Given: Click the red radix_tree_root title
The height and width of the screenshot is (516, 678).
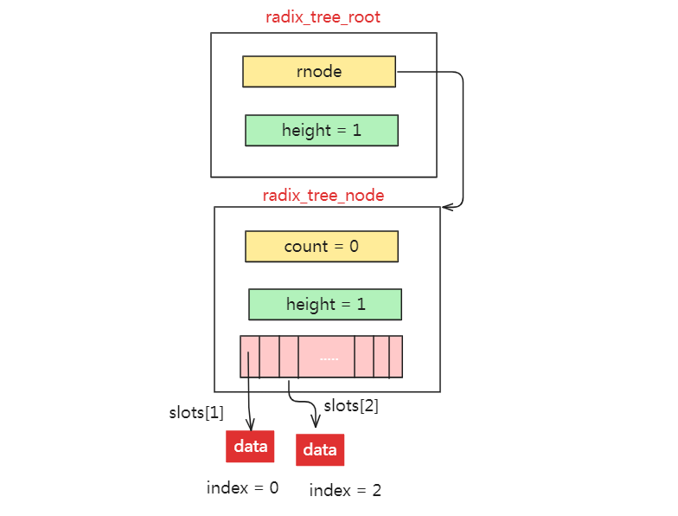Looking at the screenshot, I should pyautogui.click(x=323, y=16).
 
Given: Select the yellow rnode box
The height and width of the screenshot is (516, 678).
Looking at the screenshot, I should pyautogui.click(x=318, y=72).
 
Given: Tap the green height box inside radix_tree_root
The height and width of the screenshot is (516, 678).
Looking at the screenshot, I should pyautogui.click(x=322, y=131).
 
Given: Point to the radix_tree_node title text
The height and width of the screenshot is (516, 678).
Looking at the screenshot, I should pyautogui.click(x=323, y=195).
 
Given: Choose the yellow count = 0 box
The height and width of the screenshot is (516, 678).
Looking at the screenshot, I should pyautogui.click(x=322, y=247).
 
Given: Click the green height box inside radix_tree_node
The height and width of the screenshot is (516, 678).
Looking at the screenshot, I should pyautogui.click(x=324, y=305).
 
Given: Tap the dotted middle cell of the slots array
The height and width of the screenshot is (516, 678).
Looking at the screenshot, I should pyautogui.click(x=327, y=357).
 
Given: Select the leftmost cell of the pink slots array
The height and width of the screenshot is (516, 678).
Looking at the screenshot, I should pyautogui.click(x=249, y=357).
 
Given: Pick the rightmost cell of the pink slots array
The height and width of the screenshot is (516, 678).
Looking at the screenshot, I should pyautogui.click(x=396, y=357).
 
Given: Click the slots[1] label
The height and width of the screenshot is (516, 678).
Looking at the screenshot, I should pyautogui.click(x=195, y=413).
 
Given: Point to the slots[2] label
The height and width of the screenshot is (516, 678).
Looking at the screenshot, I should pyautogui.click(x=351, y=405).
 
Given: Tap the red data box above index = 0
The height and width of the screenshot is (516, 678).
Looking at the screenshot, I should pyautogui.click(x=250, y=446).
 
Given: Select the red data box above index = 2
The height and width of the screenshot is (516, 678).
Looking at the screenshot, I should pyautogui.click(x=320, y=450).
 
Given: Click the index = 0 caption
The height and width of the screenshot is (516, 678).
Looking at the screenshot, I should pyautogui.click(x=242, y=487).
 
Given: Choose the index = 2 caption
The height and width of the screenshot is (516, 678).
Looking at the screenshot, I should pyautogui.click(x=345, y=491).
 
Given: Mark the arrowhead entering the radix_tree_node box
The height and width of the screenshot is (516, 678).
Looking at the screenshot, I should pyautogui.click(x=445, y=207).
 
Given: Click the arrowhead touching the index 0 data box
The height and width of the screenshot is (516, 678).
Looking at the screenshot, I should pyautogui.click(x=250, y=426).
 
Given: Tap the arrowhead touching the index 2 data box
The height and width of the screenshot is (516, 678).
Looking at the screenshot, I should pyautogui.click(x=316, y=423).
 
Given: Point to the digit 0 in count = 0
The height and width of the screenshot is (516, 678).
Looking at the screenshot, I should pyautogui.click(x=354, y=247).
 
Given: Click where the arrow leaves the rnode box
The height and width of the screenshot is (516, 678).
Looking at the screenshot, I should pyautogui.click(x=397, y=72).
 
